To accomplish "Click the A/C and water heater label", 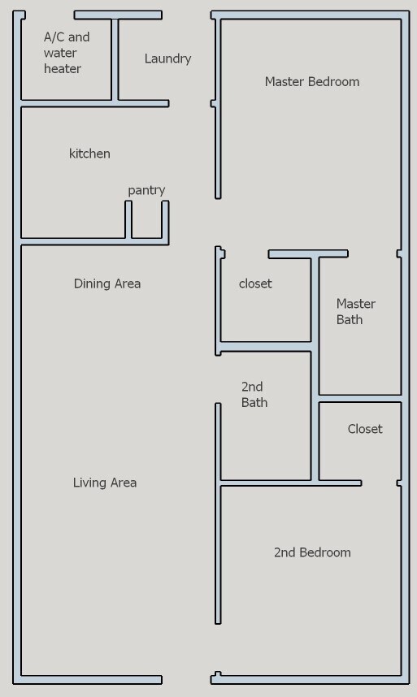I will (x=66, y=53).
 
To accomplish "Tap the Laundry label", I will (x=167, y=58).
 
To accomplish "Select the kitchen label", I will (x=89, y=154).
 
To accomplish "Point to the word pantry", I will (x=146, y=190).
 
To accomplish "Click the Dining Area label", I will (x=106, y=284).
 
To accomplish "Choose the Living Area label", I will (x=105, y=483).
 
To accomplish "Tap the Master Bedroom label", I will (x=311, y=81).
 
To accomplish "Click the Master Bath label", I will (x=355, y=311).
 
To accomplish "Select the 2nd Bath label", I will (x=254, y=394).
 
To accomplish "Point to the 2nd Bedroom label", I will (x=312, y=552).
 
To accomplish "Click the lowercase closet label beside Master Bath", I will (x=255, y=284).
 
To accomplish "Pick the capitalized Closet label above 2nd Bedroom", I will (x=364, y=429).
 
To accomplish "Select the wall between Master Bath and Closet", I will (x=359, y=398).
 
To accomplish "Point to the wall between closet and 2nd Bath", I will (x=264, y=347).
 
